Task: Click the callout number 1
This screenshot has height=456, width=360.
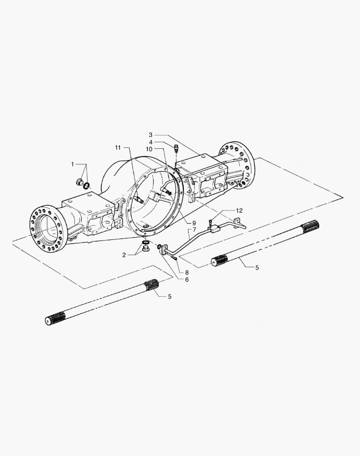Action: [x=73, y=165]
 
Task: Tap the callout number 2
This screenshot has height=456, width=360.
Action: [x=124, y=255]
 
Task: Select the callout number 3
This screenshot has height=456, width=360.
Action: [x=150, y=135]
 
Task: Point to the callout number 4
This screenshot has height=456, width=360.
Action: [x=151, y=142]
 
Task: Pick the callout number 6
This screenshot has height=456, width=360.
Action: [x=187, y=280]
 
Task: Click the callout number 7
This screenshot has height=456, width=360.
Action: [x=194, y=229]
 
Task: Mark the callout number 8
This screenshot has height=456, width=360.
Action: [x=187, y=272]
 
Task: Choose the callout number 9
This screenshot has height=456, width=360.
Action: [x=194, y=223]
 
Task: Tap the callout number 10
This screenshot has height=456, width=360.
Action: [x=149, y=149]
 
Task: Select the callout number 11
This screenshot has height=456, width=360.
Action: [x=117, y=148]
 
